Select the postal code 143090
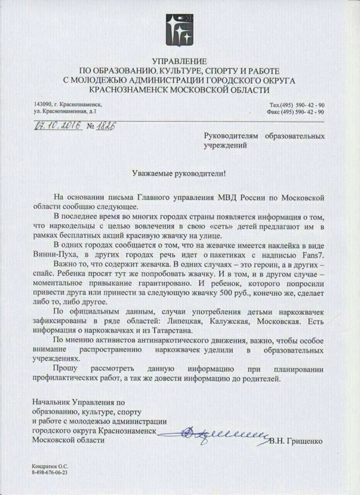tap(43, 104)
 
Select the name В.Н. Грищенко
tap(297, 441)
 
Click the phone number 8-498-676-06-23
tap(51, 473)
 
